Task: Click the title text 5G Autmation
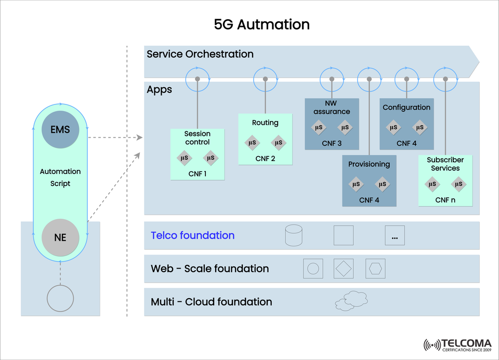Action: (261, 24)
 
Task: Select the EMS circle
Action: (60, 129)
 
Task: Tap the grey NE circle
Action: (60, 238)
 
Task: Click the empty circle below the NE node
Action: (60, 298)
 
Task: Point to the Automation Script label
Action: (60, 177)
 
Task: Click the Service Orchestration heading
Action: (200, 54)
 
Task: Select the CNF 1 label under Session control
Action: (198, 174)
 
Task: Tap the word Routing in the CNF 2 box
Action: (265, 123)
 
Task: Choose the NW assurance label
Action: (332, 108)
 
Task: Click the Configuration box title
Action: (406, 108)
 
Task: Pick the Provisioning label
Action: (369, 164)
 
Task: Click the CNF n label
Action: (445, 199)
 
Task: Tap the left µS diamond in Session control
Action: (184, 158)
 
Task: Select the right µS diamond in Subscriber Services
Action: (458, 184)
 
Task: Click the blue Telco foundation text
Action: (193, 235)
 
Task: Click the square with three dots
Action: (395, 236)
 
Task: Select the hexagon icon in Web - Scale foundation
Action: (375, 269)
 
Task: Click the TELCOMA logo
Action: (457, 344)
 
